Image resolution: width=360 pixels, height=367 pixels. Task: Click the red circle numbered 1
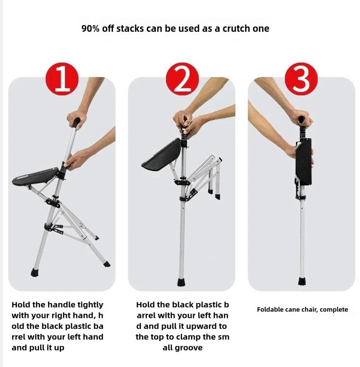click(x=61, y=79)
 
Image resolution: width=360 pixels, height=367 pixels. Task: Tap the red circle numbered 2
click(x=181, y=79)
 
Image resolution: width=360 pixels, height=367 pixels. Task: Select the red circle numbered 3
click(x=301, y=79)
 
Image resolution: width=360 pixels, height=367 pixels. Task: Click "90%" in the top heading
click(x=90, y=28)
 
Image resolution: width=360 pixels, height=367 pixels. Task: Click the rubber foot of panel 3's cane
click(x=302, y=281)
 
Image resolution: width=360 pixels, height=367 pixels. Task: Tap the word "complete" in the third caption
click(x=333, y=310)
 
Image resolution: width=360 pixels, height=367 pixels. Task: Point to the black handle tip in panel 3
click(x=302, y=118)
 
